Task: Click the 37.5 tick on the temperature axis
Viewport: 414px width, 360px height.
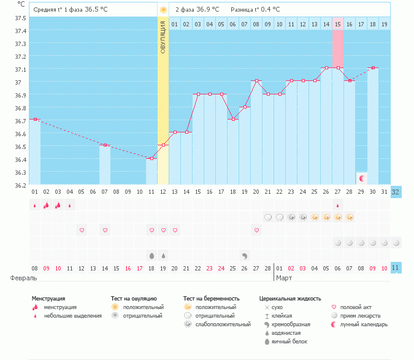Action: pyautogui.click(x=21, y=18)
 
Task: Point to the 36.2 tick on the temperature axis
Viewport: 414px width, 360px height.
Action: pyautogui.click(x=21, y=185)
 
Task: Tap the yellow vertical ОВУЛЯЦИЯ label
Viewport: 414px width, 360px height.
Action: pyautogui.click(x=163, y=37)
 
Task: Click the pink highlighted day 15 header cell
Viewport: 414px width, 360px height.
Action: pyautogui.click(x=338, y=24)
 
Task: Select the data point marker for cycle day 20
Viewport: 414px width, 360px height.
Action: pyautogui.click(x=256, y=80)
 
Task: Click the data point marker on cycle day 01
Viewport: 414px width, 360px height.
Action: pyautogui.click(x=35, y=119)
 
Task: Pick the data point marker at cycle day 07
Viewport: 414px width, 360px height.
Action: pyautogui.click(x=105, y=145)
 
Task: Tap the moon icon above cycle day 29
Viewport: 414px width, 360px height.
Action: pyautogui.click(x=362, y=178)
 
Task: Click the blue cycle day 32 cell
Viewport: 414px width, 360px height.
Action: pyautogui.click(x=396, y=191)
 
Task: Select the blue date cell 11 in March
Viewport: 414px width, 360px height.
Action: pyautogui.click(x=396, y=268)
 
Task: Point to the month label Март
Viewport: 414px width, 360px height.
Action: pyautogui.click(x=284, y=278)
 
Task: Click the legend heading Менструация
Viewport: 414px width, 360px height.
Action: pyautogui.click(x=48, y=299)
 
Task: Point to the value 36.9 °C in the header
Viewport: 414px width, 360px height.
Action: pyautogui.click(x=209, y=10)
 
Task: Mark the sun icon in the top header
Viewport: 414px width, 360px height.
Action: pyautogui.click(x=163, y=10)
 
